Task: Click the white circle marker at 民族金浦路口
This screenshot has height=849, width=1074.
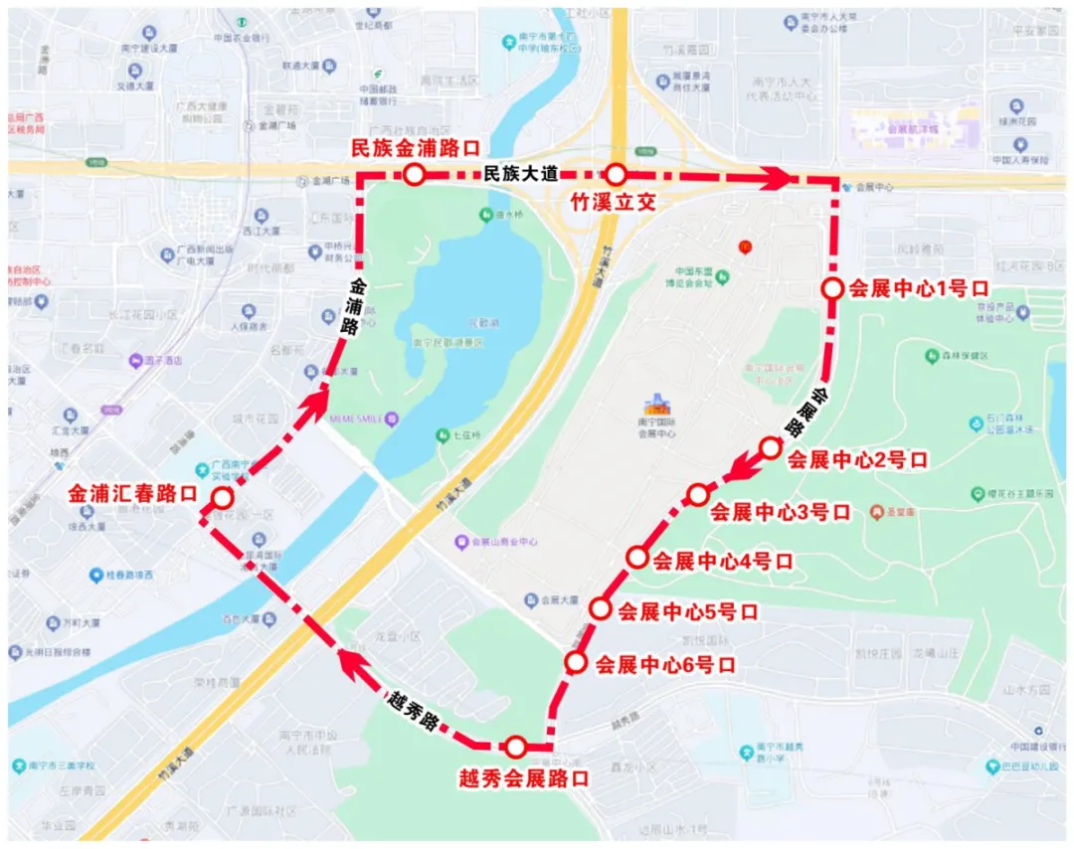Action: [414, 176]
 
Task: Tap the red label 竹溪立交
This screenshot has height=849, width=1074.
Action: [613, 202]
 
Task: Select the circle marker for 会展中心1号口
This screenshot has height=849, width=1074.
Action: [832, 289]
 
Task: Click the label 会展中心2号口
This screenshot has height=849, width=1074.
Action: [857, 461]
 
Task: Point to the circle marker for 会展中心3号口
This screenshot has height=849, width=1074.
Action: [698, 494]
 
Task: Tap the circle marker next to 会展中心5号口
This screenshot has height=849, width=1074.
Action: [600, 608]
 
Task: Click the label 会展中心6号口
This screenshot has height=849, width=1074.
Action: [665, 664]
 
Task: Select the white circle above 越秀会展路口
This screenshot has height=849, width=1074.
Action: [515, 747]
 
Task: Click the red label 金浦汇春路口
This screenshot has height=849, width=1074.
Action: [132, 494]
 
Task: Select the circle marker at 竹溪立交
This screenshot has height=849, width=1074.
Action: [616, 176]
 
